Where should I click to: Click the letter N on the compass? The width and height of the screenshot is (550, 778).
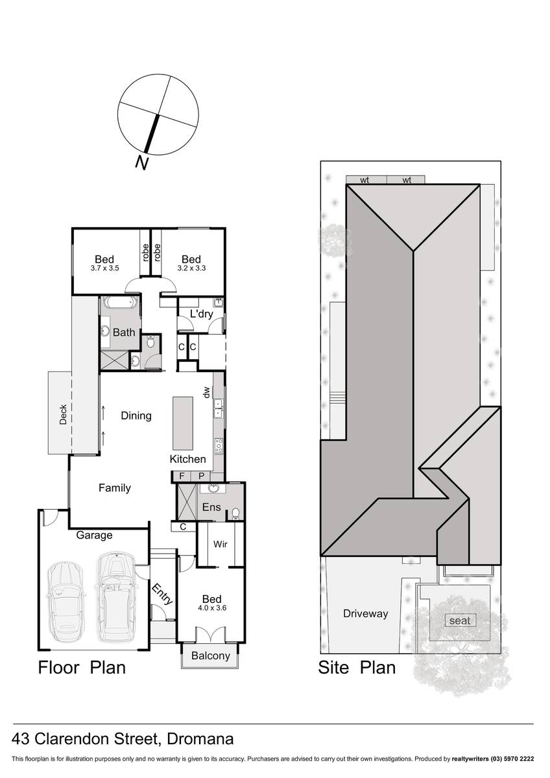(x=142, y=163)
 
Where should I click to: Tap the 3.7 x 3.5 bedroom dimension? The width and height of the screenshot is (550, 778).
(x=104, y=268)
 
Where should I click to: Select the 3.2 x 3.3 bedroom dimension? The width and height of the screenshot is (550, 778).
(x=191, y=268)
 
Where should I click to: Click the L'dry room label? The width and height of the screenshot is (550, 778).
(x=202, y=314)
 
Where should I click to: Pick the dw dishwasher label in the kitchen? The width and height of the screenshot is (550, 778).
(x=206, y=392)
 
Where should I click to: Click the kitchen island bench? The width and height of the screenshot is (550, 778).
(x=183, y=424)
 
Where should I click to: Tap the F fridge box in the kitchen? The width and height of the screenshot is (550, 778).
(x=182, y=476)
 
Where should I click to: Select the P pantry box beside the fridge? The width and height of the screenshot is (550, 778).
(x=202, y=476)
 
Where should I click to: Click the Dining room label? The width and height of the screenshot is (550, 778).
(x=136, y=416)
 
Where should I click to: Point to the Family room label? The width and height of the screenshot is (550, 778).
(x=115, y=488)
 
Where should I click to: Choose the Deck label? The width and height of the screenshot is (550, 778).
(x=63, y=414)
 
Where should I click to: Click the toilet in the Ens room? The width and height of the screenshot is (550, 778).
(x=235, y=513)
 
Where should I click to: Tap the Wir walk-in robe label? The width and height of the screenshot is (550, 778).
(x=221, y=544)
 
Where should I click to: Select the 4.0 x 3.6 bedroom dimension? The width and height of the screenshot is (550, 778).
(x=212, y=608)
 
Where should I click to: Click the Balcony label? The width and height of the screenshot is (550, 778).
(x=211, y=655)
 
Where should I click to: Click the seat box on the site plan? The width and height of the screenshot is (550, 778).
(x=460, y=620)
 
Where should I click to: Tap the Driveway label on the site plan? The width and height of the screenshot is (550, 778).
(x=366, y=614)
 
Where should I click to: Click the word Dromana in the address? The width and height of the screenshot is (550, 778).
(x=200, y=739)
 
